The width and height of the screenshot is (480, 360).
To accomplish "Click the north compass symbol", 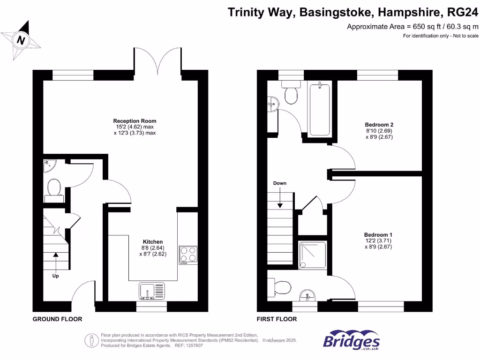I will (21, 40).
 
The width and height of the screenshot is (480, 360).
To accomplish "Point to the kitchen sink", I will (152, 291).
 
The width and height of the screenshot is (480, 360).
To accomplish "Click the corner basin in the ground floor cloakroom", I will (48, 165).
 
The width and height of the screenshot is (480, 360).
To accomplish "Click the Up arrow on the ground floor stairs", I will (56, 256).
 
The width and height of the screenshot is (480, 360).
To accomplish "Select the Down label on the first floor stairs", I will (280, 183).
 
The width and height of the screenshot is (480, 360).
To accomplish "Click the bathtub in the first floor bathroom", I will (319, 108).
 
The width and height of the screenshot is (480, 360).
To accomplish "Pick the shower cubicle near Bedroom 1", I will (313, 256).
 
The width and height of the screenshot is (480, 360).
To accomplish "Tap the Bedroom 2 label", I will (379, 124).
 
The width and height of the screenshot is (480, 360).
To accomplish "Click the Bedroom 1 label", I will (378, 234).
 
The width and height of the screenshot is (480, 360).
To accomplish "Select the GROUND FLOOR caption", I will (57, 319).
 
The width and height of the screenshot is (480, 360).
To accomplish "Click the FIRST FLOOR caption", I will (277, 319).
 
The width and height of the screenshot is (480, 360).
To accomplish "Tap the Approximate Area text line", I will (412, 27).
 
